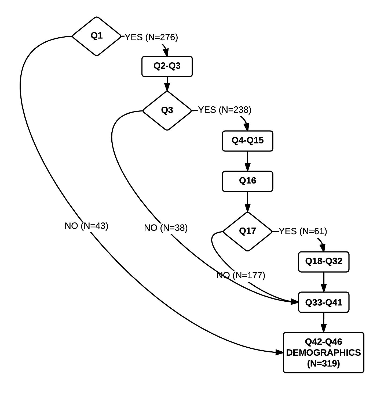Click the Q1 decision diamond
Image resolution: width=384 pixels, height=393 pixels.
[x=97, y=36]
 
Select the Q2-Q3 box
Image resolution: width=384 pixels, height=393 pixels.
[x=167, y=66]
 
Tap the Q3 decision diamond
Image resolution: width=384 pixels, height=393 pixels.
[x=167, y=110]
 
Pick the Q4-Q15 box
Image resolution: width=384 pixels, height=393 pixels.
[x=247, y=141]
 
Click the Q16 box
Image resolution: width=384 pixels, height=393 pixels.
[x=247, y=181]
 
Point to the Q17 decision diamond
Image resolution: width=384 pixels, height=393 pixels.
[x=247, y=231]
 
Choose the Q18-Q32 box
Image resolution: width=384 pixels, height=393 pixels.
[x=324, y=262]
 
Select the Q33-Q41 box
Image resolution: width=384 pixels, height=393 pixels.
[x=324, y=302]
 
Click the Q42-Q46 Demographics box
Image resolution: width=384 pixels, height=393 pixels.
[x=323, y=352]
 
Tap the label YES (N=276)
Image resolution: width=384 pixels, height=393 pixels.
[x=151, y=37]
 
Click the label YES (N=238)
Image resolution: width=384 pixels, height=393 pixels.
[x=225, y=110]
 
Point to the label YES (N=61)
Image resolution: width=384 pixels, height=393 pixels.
[x=303, y=231]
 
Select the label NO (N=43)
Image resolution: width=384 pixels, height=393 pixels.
[x=86, y=226]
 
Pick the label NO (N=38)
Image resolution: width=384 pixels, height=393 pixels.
[x=166, y=228]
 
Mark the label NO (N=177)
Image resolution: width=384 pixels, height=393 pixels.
[x=241, y=275]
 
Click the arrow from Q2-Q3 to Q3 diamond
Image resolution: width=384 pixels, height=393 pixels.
[x=167, y=84]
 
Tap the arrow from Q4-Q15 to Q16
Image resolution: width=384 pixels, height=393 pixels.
[x=247, y=161]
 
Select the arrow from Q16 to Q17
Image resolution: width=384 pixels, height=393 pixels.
[x=247, y=201]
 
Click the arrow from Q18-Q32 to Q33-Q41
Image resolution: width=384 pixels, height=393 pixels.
[x=324, y=282]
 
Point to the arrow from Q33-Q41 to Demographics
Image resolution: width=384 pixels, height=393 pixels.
[x=324, y=322]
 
